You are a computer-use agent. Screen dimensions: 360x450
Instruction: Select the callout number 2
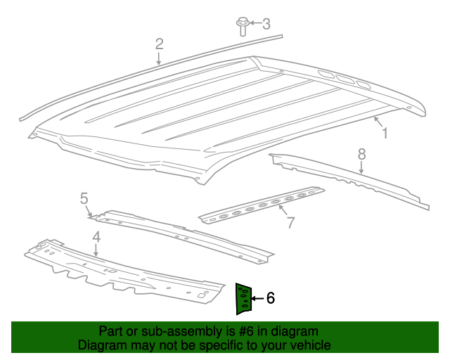[x=160, y=44]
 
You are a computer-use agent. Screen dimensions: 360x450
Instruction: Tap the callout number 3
[x=266, y=24]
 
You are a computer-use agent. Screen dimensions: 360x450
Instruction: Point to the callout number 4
[x=96, y=237]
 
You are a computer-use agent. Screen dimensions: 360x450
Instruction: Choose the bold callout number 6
[x=270, y=298]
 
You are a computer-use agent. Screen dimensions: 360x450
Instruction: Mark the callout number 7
[x=290, y=223]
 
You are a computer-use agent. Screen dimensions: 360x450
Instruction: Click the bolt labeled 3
[x=242, y=26]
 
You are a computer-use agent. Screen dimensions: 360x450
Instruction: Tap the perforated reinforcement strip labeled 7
[x=260, y=205]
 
